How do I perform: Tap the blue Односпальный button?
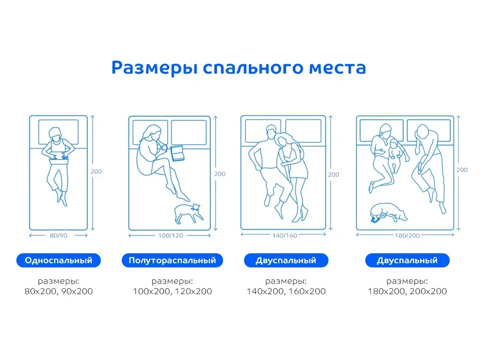[58, 261]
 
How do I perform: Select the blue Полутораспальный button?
[172, 261]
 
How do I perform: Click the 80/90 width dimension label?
[58, 236]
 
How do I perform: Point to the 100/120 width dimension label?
[170, 236]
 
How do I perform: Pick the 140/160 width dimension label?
[284, 236]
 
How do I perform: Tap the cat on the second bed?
[188, 213]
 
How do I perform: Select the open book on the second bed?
[177, 153]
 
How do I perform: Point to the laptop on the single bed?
[58, 159]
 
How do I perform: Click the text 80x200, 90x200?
[58, 291]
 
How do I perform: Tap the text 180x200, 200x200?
[407, 291]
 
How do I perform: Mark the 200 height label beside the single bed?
[96, 172]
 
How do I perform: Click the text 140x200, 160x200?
[286, 291]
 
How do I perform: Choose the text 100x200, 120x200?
[172, 291]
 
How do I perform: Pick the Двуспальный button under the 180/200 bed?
[407, 261]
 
